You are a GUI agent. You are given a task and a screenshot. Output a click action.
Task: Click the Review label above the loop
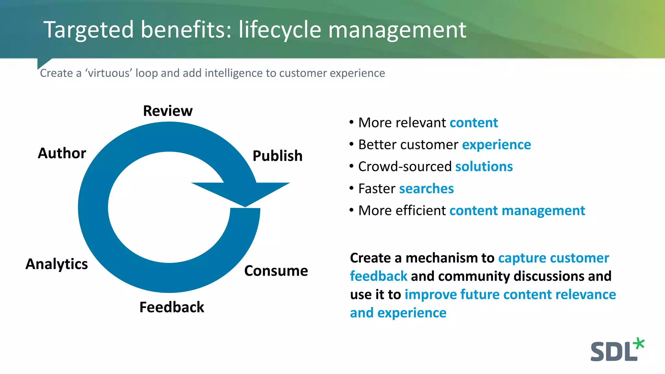click(168, 111)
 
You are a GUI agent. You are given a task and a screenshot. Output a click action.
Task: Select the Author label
click(62, 153)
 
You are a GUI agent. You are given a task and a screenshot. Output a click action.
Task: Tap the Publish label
click(277, 156)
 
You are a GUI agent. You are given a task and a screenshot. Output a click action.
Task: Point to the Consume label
click(276, 271)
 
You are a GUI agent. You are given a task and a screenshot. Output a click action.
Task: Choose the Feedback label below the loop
click(172, 307)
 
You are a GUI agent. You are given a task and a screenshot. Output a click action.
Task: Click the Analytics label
click(57, 264)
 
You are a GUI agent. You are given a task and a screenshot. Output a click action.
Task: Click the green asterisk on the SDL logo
click(639, 344)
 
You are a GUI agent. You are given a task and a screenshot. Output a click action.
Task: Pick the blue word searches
click(426, 189)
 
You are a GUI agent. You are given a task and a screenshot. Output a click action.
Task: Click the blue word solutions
click(484, 167)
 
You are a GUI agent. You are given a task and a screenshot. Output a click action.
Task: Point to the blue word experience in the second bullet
click(496, 145)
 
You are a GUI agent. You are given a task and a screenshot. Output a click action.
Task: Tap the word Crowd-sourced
click(405, 167)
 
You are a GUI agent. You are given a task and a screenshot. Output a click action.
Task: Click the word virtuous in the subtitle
click(109, 73)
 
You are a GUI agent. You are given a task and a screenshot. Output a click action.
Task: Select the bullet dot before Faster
click(351, 188)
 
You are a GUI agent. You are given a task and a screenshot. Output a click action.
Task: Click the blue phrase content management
click(517, 211)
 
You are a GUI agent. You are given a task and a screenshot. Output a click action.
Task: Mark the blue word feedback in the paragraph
click(378, 276)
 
